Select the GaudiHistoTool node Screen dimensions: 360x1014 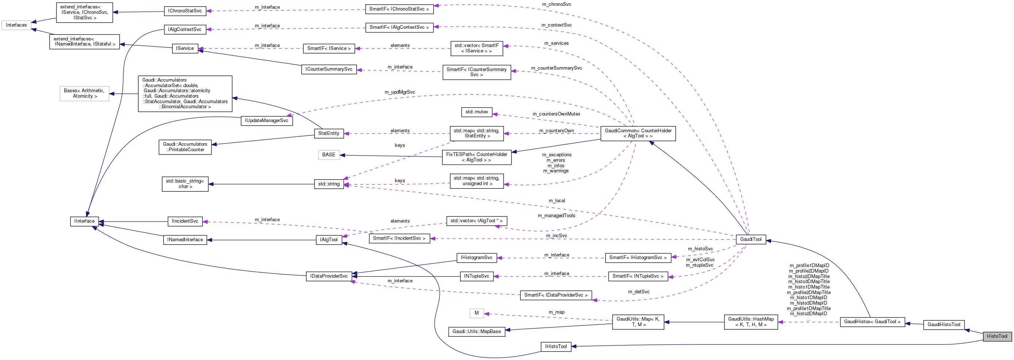pyautogui.click(x=944, y=325)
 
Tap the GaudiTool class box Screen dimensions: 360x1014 pyautogui.click(x=751, y=239)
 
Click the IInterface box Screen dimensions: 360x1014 pyautogui.click(x=85, y=221)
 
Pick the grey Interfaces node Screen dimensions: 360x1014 pyautogui.click(x=16, y=25)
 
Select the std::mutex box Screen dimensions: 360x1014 pyautogui.click(x=476, y=112)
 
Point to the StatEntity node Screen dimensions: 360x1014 pyautogui.click(x=329, y=133)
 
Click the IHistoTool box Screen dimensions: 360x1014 pyautogui.click(x=555, y=347)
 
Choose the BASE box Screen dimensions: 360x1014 pyautogui.click(x=329, y=155)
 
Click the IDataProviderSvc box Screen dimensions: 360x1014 pyautogui.click(x=329, y=276)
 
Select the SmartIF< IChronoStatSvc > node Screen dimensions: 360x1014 pyautogui.click(x=399, y=9)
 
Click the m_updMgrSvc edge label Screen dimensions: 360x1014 pyautogui.click(x=400, y=92)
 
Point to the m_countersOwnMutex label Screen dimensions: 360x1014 pyautogui.click(x=556, y=114)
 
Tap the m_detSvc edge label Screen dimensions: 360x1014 pyautogui.click(x=638, y=292)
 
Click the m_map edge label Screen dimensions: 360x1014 pyautogui.click(x=556, y=312)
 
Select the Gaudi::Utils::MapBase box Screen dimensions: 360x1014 pyautogui.click(x=476, y=332)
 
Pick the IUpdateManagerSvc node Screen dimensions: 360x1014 pyautogui.click(x=267, y=121)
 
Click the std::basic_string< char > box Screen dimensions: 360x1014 pyautogui.click(x=185, y=184)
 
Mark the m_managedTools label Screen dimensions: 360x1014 pyautogui.click(x=556, y=216)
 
